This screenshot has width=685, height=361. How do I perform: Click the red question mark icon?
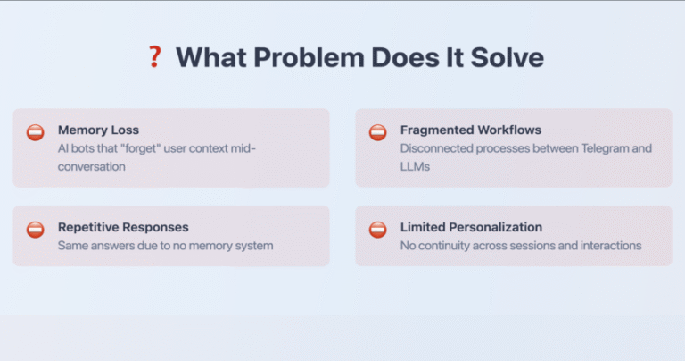tap(154, 57)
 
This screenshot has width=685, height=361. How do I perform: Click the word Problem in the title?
tap(309, 57)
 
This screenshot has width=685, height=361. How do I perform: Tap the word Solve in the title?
tap(508, 57)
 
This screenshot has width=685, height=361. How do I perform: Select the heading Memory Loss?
tap(98, 130)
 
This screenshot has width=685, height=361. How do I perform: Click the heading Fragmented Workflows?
tap(471, 130)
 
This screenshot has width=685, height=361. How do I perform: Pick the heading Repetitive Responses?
tap(123, 227)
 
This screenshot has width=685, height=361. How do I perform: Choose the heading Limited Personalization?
tap(471, 227)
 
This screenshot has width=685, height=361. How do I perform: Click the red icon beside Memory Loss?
tap(36, 132)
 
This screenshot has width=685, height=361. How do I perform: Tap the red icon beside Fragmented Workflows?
tap(378, 132)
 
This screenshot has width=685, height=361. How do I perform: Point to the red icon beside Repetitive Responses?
tap(36, 230)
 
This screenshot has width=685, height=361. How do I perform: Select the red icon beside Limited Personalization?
tap(378, 230)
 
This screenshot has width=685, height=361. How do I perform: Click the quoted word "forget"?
tap(141, 148)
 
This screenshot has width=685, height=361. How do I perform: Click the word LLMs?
tap(415, 167)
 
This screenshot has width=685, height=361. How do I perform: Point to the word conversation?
tap(92, 167)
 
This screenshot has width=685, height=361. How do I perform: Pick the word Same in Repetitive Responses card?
tap(70, 246)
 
